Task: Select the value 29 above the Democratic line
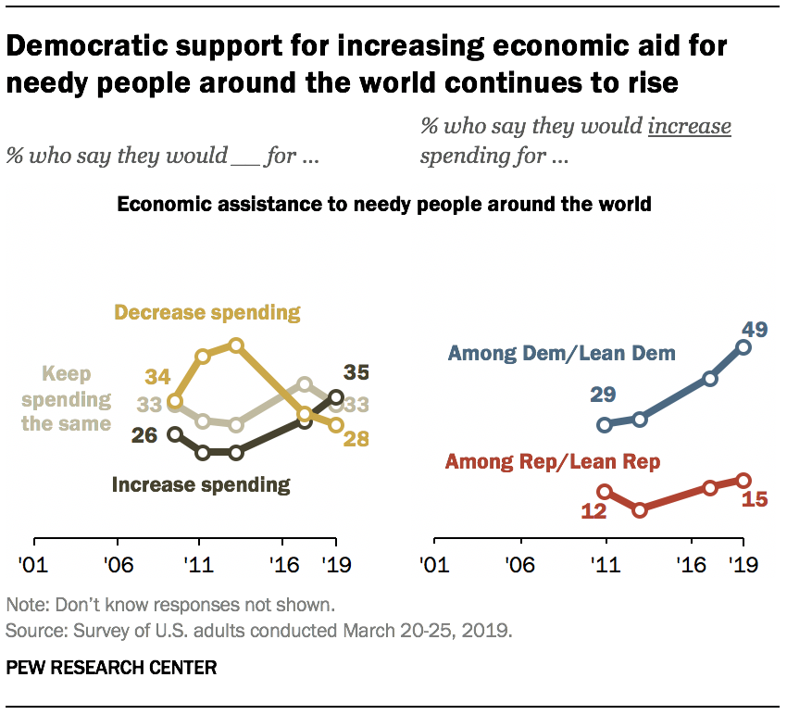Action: [605, 396]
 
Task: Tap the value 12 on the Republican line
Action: [593, 510]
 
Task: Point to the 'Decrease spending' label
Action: [207, 312]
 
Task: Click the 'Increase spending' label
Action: [201, 483]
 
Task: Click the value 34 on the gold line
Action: [158, 378]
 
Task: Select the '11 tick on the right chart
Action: [606, 564]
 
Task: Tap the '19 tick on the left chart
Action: [335, 564]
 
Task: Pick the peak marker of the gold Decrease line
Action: [235, 345]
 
